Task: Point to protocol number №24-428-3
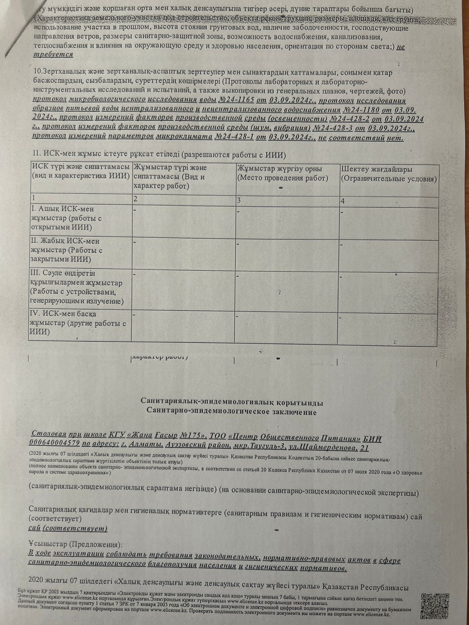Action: (337, 128)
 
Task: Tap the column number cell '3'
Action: (239, 201)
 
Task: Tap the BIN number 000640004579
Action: (54, 443)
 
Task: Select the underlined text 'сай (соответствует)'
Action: (68, 529)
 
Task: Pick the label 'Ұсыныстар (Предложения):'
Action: (75, 544)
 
